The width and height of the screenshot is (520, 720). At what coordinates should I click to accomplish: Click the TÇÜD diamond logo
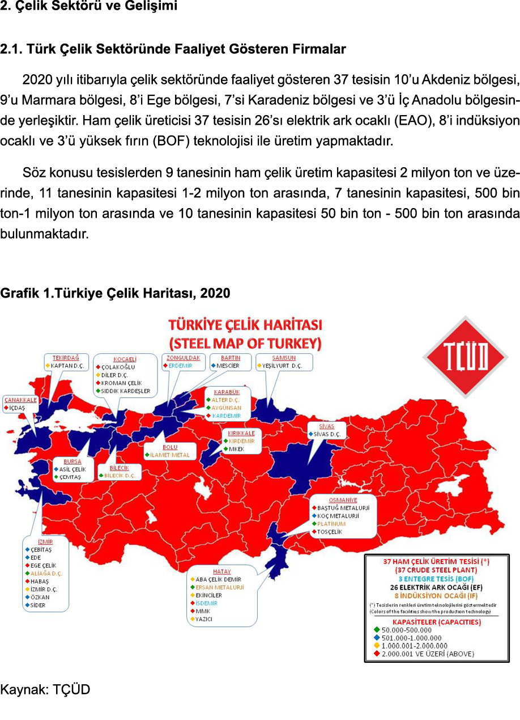[465, 356]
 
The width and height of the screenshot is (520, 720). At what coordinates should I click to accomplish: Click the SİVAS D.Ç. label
[327, 434]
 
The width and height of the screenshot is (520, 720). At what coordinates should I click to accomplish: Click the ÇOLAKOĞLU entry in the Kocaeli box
[120, 367]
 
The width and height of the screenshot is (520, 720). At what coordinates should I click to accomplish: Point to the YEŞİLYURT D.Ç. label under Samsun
[282, 366]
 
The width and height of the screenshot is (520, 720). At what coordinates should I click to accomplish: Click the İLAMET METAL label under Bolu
[169, 455]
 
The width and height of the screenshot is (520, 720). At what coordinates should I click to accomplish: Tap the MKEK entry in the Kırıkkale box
[236, 449]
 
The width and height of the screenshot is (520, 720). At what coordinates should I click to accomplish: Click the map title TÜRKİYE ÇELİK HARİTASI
[245, 325]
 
